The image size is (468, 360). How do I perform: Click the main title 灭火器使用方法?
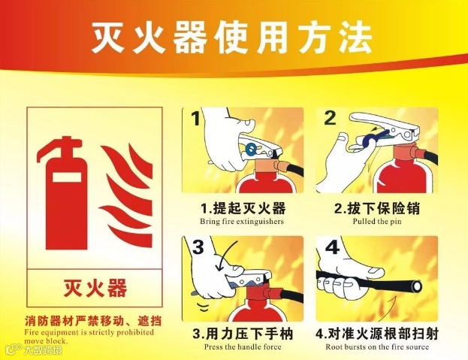231,38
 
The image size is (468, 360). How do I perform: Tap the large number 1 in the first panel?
196,119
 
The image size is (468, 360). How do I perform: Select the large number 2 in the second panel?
330,118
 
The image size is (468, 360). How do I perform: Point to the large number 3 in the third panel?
198,247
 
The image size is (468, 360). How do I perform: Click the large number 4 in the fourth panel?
333,247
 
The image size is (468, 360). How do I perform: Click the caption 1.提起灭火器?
243,208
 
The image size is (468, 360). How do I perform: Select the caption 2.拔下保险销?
376,208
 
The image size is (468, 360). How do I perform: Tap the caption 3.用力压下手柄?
243,334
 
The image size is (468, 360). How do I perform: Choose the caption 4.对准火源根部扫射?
377,334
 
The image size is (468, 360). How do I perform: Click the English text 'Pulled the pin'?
377,222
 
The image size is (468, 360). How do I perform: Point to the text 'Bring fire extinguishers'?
242,222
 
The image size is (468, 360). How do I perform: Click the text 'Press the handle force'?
243,347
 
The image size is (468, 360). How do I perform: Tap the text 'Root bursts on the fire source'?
377,347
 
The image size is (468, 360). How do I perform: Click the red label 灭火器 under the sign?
95,288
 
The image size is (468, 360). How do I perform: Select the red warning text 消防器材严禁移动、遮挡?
93,321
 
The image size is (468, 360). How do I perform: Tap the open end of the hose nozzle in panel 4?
417,287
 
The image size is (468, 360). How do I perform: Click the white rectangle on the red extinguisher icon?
67,177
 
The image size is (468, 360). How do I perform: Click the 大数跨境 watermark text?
43,350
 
